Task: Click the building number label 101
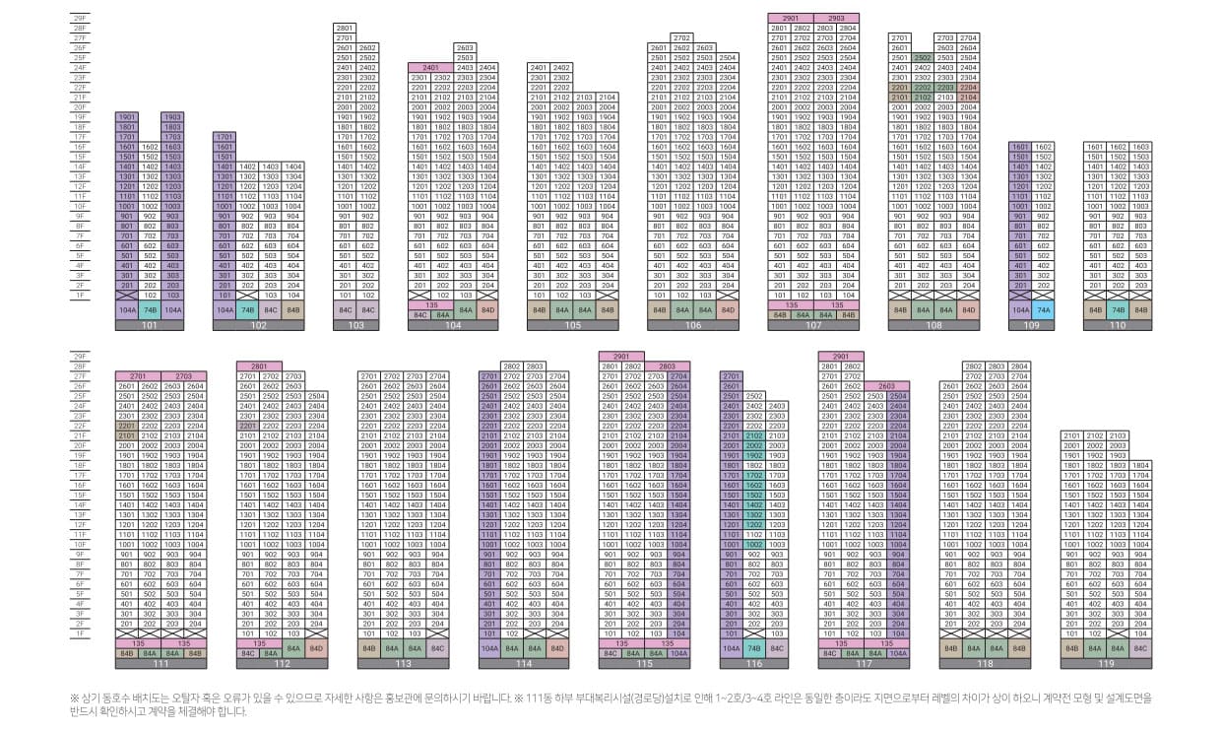(x=149, y=324)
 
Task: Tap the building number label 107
(x=813, y=324)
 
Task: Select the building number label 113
(x=403, y=664)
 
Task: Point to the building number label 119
(x=1106, y=664)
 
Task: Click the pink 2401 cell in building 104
(x=430, y=67)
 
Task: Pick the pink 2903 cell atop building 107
(x=836, y=19)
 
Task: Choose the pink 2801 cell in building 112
(x=258, y=366)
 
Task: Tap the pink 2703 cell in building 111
(x=183, y=376)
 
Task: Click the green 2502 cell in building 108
(x=923, y=57)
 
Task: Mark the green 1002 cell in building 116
(x=754, y=544)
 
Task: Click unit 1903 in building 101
(x=172, y=116)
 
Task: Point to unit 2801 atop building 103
(x=345, y=28)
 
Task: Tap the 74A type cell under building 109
(x=1044, y=309)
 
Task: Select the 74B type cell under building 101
(x=150, y=309)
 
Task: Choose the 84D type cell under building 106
(x=728, y=309)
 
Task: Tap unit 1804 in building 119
(x=1140, y=465)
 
